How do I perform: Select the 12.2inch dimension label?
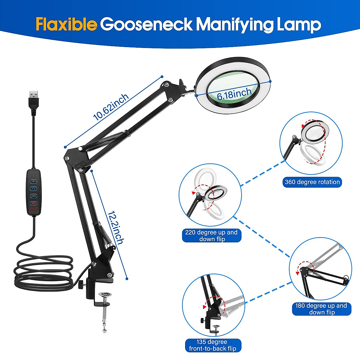click(x=116, y=227)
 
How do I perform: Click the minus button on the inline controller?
click(x=33, y=196)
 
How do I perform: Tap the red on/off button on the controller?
click(x=33, y=203)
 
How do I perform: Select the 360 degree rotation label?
click(x=312, y=182)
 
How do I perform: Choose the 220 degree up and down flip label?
click(x=211, y=235)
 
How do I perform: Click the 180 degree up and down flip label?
click(x=321, y=309)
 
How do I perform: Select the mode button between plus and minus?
click(x=33, y=189)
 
